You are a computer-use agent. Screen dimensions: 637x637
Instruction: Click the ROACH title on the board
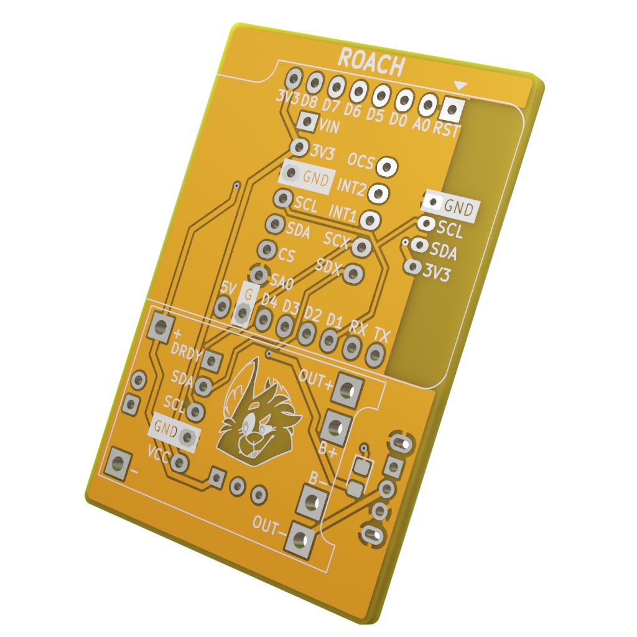(x=371, y=62)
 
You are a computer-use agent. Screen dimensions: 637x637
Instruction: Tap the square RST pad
(x=452, y=109)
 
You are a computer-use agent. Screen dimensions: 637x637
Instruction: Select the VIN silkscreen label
(x=329, y=126)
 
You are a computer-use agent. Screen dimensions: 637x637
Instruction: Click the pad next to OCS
(x=387, y=167)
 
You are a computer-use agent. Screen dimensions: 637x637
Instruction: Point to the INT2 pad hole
(x=379, y=193)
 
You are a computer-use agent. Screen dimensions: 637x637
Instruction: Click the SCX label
(x=337, y=239)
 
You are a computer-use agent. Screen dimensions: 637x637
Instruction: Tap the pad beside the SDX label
(x=353, y=274)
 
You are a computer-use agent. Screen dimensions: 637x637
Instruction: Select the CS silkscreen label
(x=286, y=255)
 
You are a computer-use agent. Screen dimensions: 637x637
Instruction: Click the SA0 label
(x=282, y=281)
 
